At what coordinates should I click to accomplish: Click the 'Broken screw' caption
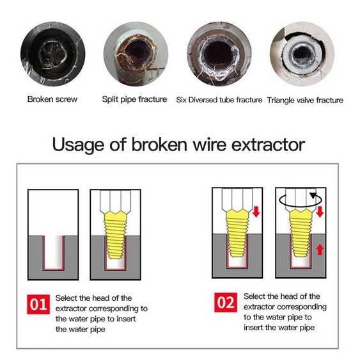click(52, 99)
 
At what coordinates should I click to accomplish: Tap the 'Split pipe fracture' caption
click(134, 99)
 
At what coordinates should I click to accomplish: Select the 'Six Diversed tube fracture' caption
click(219, 100)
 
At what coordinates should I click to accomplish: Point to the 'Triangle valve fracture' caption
click(305, 100)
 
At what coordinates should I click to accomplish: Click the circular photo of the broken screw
click(53, 54)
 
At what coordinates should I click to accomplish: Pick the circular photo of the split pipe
click(136, 54)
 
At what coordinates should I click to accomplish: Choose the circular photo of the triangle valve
click(302, 54)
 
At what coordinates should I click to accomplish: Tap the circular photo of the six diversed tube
click(219, 54)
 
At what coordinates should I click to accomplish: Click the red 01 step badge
click(38, 304)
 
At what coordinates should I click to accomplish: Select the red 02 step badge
click(226, 303)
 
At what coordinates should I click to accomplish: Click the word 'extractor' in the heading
click(268, 145)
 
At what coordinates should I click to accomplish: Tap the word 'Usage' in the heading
click(78, 145)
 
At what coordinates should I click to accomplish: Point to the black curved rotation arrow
click(300, 200)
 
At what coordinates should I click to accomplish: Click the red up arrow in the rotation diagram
click(320, 250)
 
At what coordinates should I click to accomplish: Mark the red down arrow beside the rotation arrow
click(320, 212)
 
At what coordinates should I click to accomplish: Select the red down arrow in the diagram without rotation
click(256, 212)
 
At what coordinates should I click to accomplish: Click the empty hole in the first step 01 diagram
click(53, 252)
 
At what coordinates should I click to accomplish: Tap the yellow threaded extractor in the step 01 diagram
click(116, 235)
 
